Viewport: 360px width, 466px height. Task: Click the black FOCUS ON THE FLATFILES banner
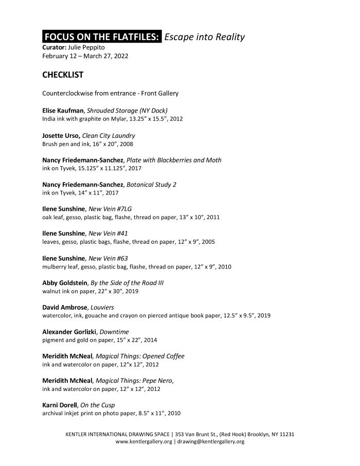(x=102, y=37)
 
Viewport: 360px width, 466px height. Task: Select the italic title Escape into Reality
(x=204, y=37)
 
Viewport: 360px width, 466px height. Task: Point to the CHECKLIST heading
(x=63, y=75)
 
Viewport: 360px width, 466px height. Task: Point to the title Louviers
(x=102, y=307)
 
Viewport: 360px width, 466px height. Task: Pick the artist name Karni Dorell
(x=59, y=405)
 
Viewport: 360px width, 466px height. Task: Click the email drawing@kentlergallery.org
(x=211, y=442)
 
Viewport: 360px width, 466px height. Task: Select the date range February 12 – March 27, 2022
(x=85, y=56)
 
